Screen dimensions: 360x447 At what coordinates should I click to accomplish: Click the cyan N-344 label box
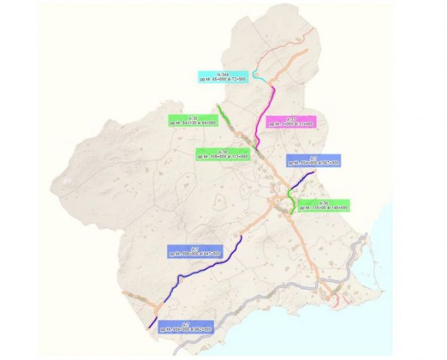pos(223,77)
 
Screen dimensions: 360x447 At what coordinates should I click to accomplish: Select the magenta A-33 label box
pos(291,121)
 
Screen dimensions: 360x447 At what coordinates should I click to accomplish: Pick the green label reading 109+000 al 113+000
pos(223,154)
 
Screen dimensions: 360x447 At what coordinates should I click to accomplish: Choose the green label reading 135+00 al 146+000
pos(323,205)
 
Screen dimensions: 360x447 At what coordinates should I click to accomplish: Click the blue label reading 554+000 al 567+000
pos(314,160)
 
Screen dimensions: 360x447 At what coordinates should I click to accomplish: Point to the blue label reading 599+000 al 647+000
pos(195,251)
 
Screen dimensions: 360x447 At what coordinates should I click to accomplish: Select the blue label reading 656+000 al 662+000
pos(186,327)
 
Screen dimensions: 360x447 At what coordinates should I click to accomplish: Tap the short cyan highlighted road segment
pos(259,77)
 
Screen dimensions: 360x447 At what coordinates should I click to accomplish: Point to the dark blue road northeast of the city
pos(302,180)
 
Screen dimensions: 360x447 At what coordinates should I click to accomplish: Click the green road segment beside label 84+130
pos(221,110)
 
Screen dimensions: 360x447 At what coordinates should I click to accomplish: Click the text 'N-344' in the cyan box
pos(223,73)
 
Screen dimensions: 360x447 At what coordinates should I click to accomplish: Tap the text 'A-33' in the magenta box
pos(291,119)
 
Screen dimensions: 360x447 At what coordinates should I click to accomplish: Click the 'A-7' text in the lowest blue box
pos(186,323)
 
